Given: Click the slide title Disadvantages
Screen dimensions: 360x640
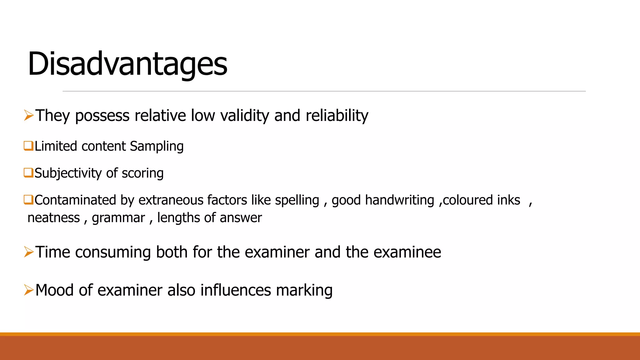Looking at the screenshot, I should coord(127,64).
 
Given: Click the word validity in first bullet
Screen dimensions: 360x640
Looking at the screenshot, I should coord(244,116).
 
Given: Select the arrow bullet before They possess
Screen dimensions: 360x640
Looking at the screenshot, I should coord(29,115).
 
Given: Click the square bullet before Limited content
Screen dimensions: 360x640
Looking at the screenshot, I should coord(28,146).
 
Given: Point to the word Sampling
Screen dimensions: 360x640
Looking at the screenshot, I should coord(157,146).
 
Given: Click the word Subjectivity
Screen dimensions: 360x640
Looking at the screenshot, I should coord(68,173).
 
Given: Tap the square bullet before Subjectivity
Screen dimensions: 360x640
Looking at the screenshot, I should coord(28,172).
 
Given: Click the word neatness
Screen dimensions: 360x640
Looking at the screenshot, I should coord(54,217).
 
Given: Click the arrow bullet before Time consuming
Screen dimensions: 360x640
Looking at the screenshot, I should coord(29,252).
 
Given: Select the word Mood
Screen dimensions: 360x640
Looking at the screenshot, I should coord(54,290).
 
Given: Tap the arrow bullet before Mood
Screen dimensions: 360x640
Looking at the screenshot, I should coord(29,290).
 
